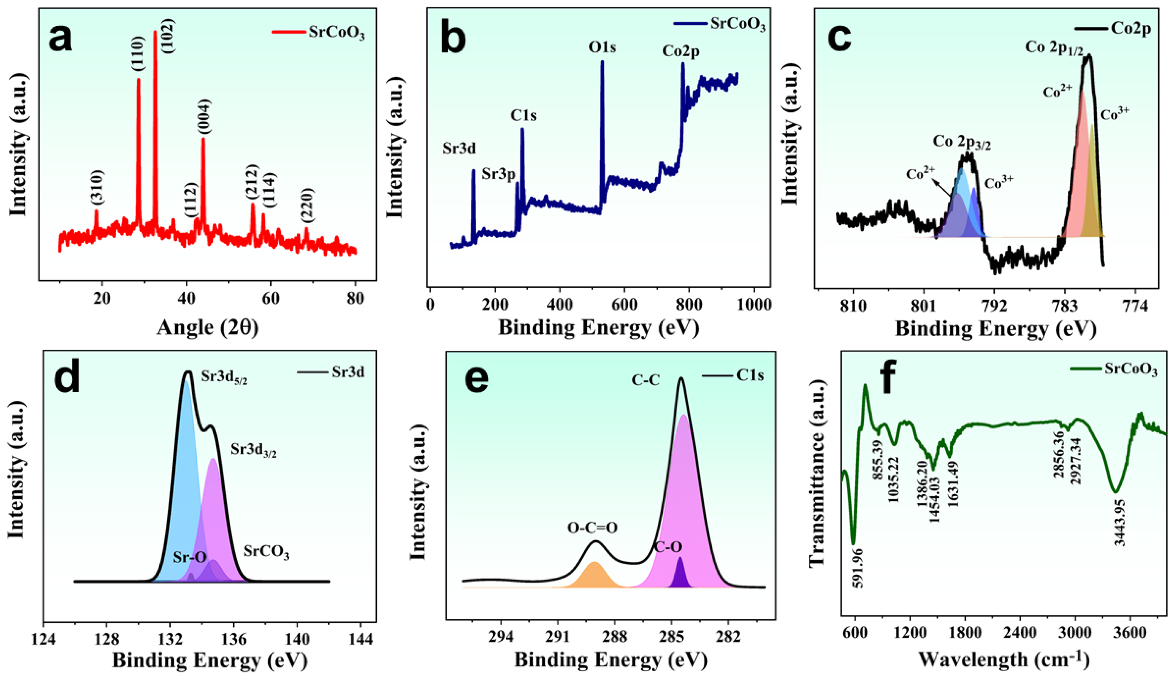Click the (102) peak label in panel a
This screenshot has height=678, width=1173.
(168, 36)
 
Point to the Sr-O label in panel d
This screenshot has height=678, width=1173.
(190, 557)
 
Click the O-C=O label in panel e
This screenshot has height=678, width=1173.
(592, 528)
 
